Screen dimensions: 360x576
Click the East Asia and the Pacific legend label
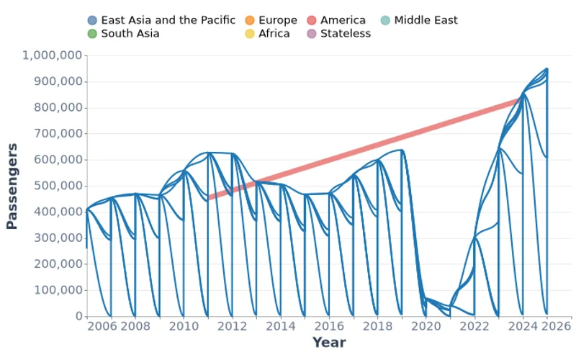tap(168, 20)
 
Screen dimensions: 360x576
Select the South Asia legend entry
tap(130, 33)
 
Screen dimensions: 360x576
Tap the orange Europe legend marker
tap(250, 20)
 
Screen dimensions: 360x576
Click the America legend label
tap(343, 20)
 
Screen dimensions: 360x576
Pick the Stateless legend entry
tap(346, 33)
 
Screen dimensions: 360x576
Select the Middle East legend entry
tap(426, 20)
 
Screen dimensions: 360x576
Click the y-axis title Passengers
tap(12, 186)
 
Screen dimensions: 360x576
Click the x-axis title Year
tap(329, 343)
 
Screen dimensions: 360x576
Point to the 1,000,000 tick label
tap(53, 55)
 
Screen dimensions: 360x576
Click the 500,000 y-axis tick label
tap(56, 186)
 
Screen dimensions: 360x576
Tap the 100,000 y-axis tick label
tap(56, 290)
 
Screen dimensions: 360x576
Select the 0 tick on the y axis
tap(79, 316)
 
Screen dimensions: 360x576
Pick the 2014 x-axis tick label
tap(280, 326)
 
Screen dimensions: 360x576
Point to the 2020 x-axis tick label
tap(426, 326)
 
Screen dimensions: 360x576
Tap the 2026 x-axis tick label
tap(556, 326)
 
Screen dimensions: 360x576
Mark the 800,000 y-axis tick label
tap(56, 108)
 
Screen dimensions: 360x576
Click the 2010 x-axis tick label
tap(184, 326)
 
